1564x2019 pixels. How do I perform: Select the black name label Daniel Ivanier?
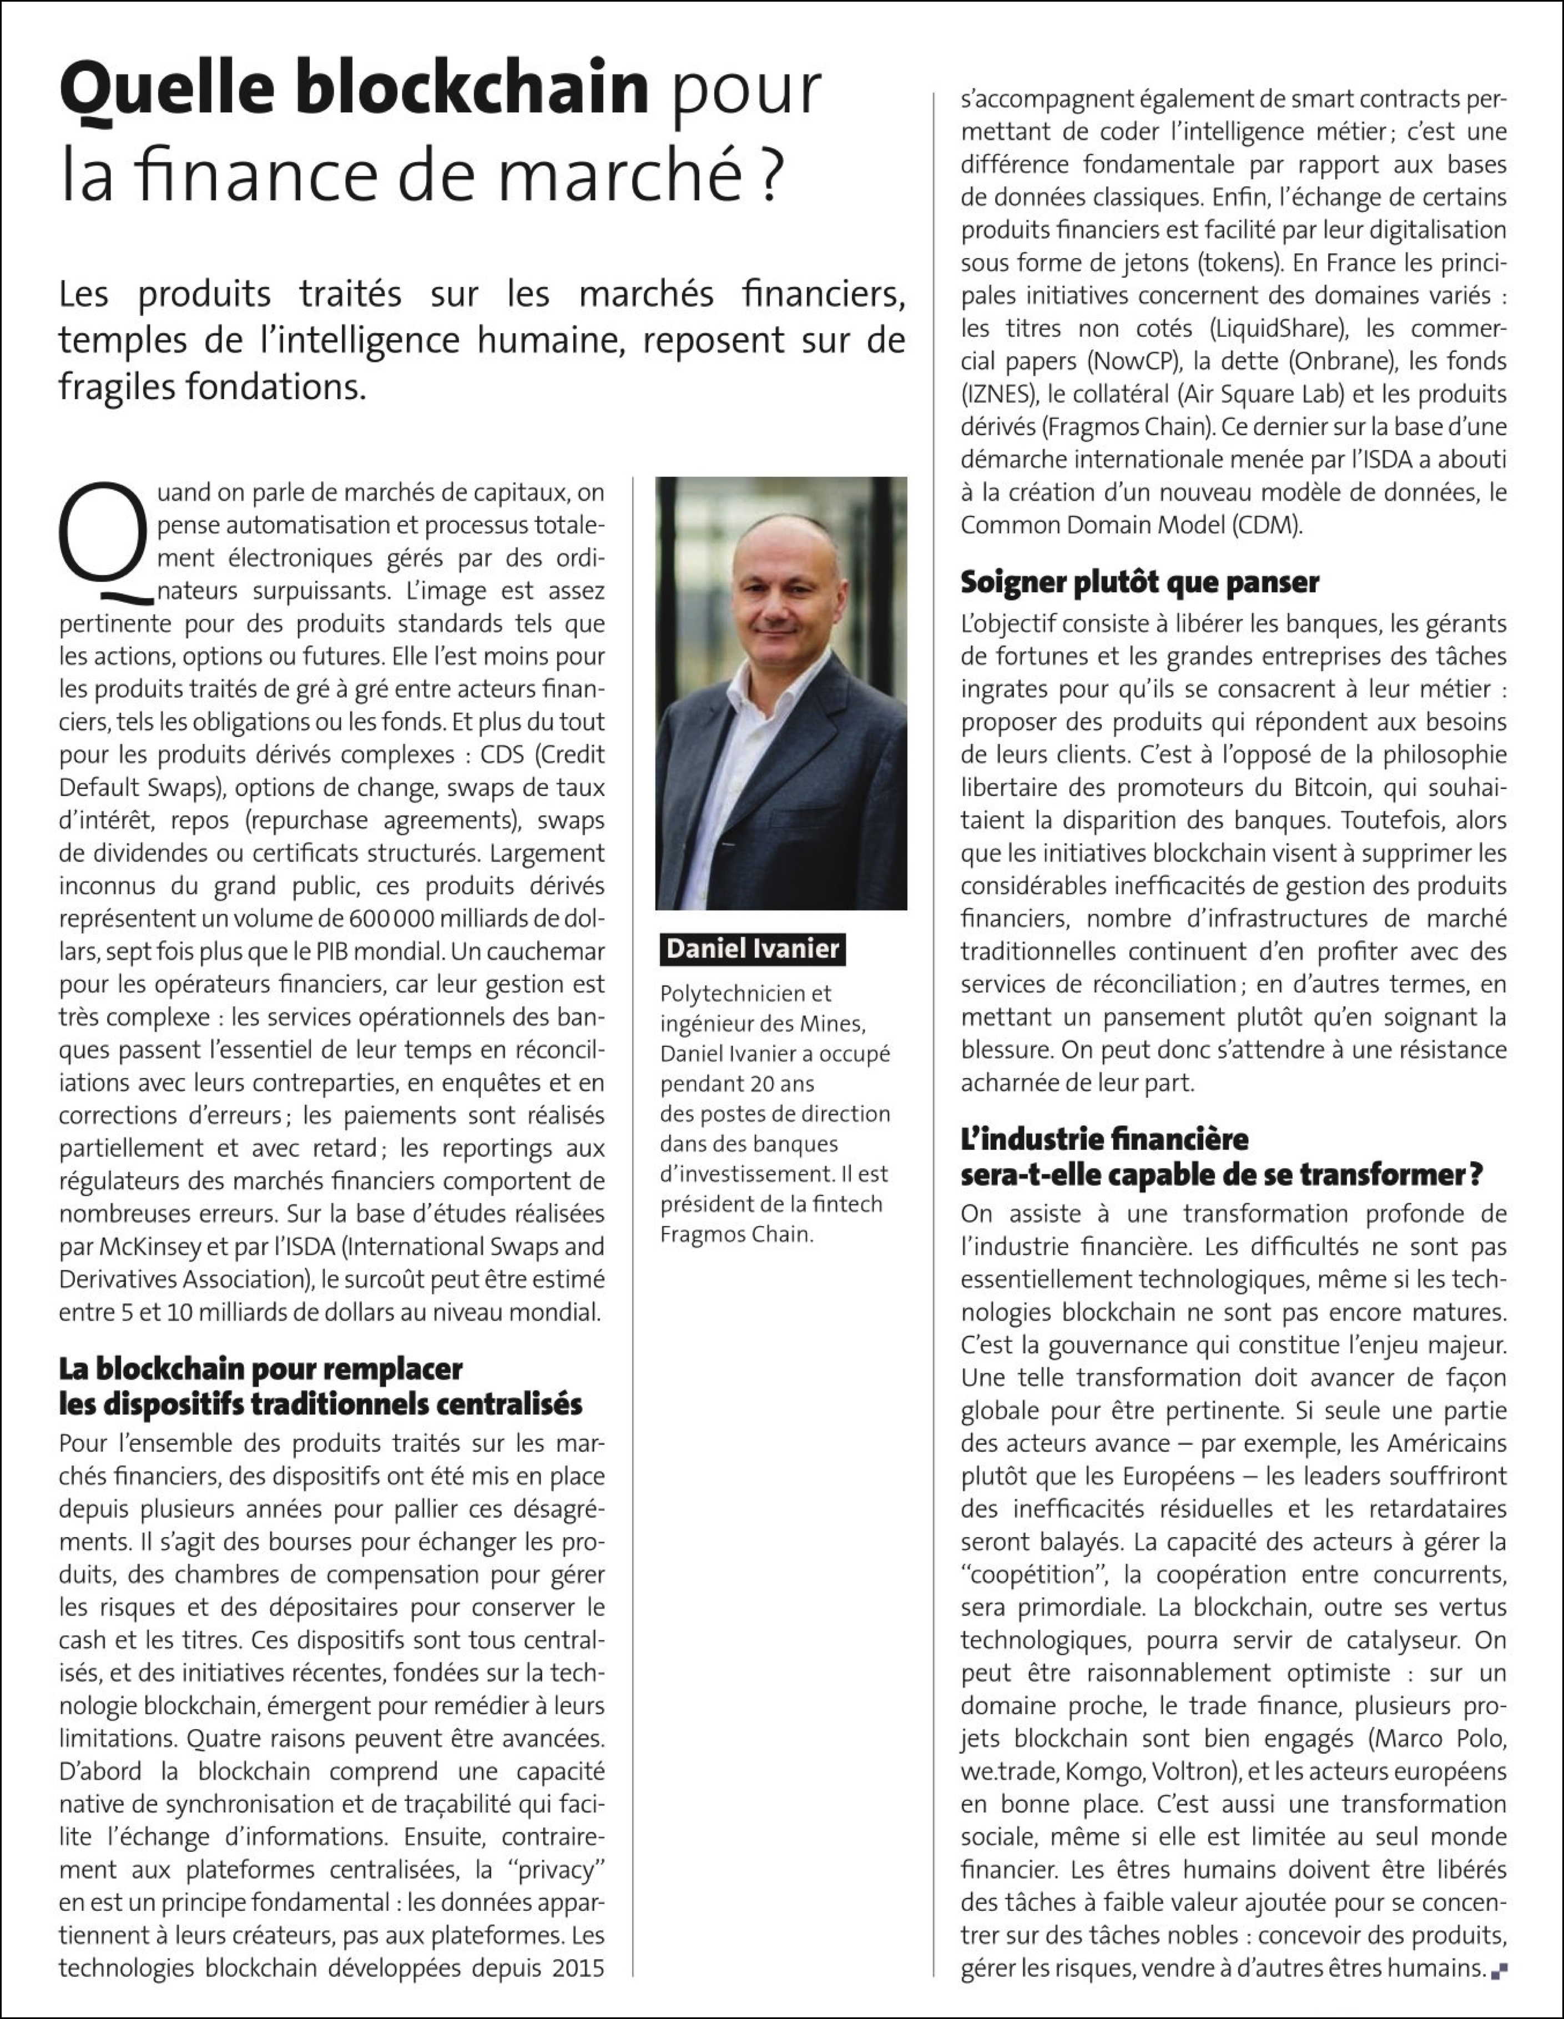753,949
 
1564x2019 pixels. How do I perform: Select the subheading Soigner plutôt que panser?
1140,582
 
